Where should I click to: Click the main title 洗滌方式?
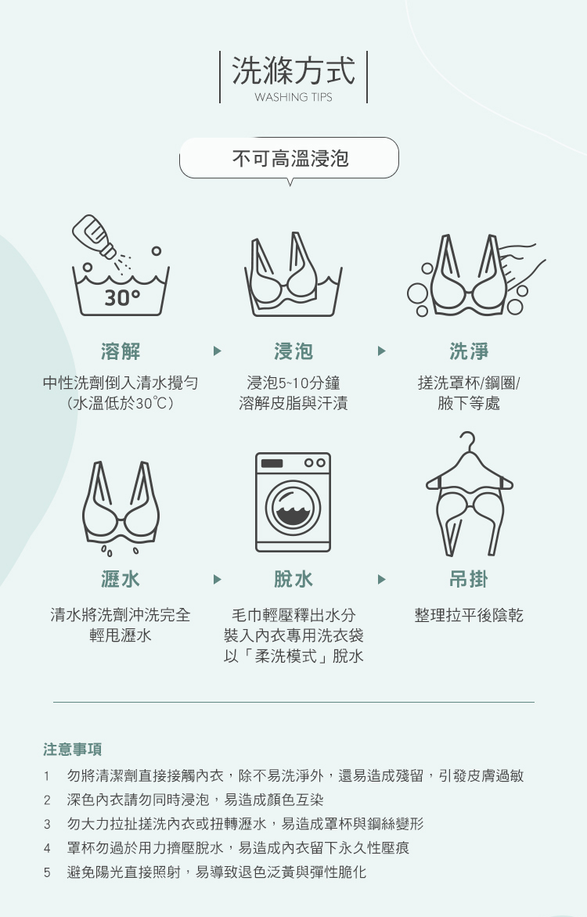pos(293,70)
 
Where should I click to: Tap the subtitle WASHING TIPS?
pos(293,97)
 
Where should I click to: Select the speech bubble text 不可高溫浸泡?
pos(291,158)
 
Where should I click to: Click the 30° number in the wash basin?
pos(122,298)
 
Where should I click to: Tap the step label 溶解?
pos(121,351)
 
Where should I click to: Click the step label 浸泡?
pos(293,351)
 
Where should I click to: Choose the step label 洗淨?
pos(469,351)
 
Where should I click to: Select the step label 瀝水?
pos(121,580)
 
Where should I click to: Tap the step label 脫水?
pos(293,580)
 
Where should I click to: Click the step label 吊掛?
pos(469,580)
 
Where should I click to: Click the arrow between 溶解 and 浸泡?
pos(218,351)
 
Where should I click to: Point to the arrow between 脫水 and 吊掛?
pos(382,580)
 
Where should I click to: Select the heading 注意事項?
pos(73,749)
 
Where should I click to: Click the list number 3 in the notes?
pos(47,825)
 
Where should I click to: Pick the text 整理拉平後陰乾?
pos(469,615)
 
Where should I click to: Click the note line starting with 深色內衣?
pos(195,800)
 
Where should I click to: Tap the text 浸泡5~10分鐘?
pos(293,383)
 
